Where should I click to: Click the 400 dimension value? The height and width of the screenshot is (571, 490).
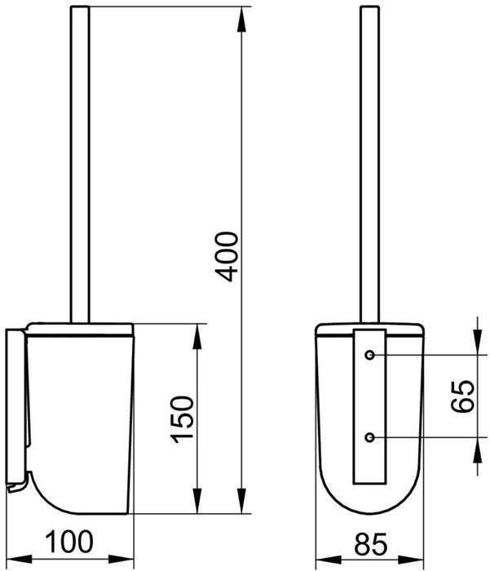(x=227, y=257)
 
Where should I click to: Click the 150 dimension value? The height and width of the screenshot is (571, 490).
(x=182, y=419)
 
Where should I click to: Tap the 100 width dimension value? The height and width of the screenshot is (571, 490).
(x=69, y=542)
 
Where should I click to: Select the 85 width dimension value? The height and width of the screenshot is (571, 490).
(x=371, y=545)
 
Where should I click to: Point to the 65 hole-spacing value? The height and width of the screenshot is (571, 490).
(x=462, y=396)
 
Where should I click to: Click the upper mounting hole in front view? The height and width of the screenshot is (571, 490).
(x=370, y=355)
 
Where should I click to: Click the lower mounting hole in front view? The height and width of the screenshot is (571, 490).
(x=370, y=437)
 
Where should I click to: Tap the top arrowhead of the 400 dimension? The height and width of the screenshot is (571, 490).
(x=241, y=20)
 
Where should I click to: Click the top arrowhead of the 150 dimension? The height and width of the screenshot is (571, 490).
(x=197, y=336)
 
